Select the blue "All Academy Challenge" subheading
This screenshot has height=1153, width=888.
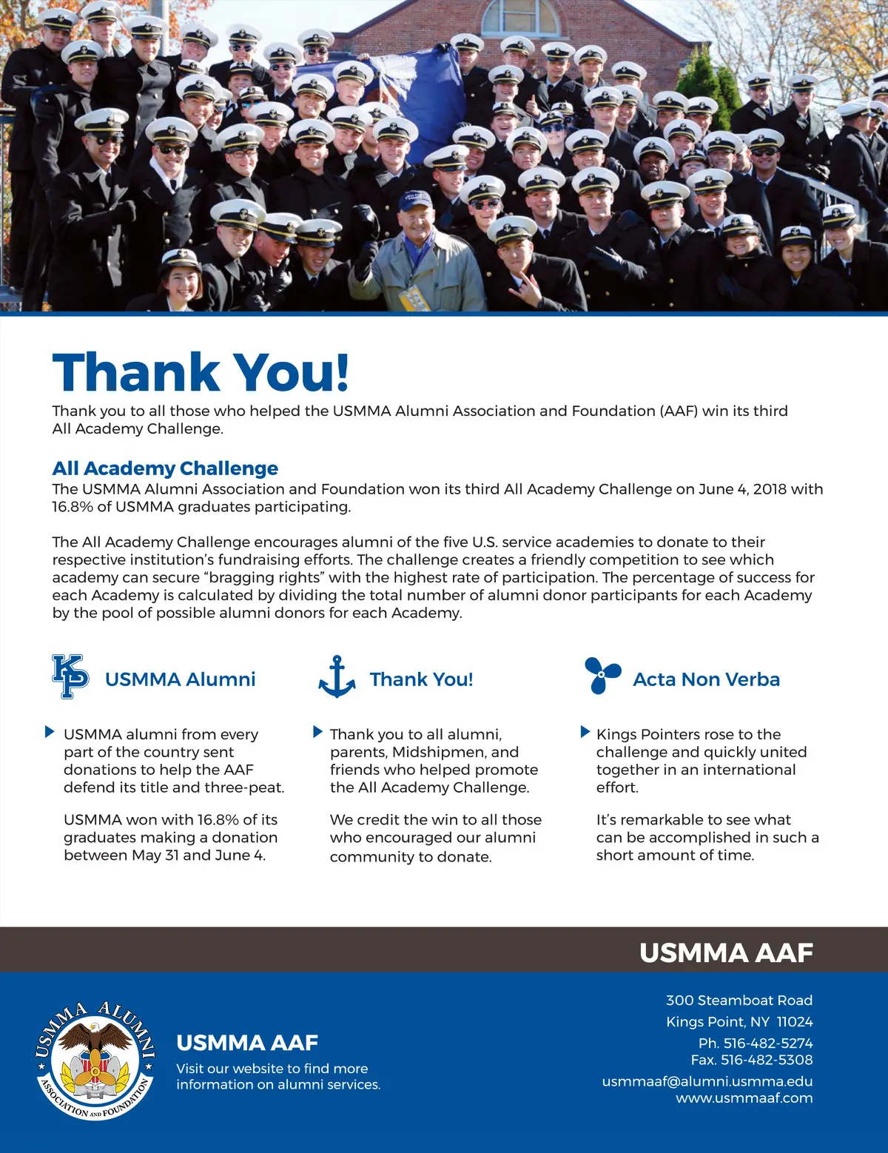coord(165,468)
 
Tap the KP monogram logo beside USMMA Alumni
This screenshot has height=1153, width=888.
coord(70,676)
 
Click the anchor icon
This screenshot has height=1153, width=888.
coord(337,676)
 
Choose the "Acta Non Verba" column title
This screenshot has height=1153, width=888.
coord(706,679)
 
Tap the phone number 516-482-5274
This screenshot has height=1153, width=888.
coord(767,1043)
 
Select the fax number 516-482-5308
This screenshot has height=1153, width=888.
coord(767,1060)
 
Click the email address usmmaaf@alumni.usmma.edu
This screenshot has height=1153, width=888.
coord(707,1081)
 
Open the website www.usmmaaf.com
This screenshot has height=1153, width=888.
coord(744,1098)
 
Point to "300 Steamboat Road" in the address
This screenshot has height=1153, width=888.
coord(739,1001)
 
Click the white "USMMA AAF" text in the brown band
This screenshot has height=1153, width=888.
coord(726,952)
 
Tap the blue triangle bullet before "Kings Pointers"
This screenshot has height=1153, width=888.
coord(585,733)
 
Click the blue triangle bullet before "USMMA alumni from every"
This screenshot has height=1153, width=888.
coord(50,733)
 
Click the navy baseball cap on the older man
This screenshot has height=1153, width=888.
coord(415,201)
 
